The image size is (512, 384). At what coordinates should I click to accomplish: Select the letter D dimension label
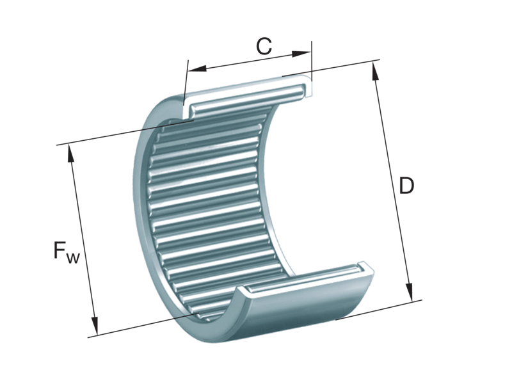(406, 186)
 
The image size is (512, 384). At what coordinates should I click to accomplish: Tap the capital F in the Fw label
(61, 252)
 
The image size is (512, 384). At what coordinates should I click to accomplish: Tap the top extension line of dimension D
(346, 67)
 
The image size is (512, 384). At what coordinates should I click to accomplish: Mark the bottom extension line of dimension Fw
(141, 325)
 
